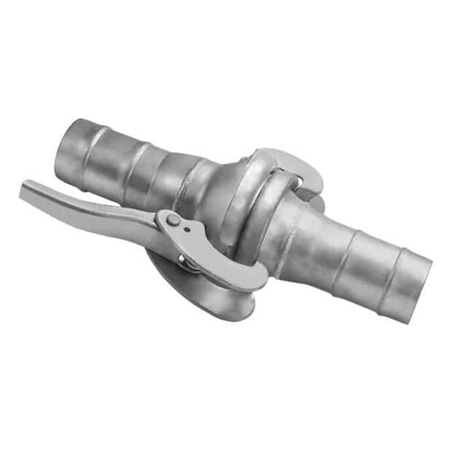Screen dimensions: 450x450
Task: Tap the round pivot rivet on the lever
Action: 171,220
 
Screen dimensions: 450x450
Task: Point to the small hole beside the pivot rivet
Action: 187,229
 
